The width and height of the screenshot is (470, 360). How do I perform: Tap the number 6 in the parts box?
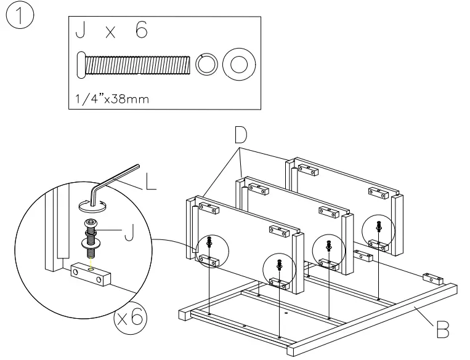141,31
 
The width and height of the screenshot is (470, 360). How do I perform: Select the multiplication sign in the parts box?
110,33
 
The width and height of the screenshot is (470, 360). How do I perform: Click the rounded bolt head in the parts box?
80,64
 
